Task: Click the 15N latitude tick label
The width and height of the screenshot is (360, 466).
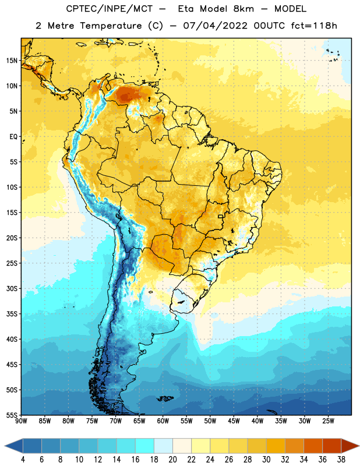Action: [x=12, y=61]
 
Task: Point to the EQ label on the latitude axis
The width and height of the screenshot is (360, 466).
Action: [x=13, y=137]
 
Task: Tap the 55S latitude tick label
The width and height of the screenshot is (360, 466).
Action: [x=12, y=415]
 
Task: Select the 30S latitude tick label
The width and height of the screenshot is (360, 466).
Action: [x=12, y=288]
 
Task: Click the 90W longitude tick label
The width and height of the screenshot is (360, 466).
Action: [x=21, y=421]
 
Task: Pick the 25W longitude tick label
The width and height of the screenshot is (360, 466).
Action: [x=329, y=421]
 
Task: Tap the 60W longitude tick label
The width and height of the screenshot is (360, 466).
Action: [x=163, y=421]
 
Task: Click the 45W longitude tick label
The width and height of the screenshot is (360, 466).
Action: [x=234, y=421]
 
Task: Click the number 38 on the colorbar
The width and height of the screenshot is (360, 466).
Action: [x=341, y=460]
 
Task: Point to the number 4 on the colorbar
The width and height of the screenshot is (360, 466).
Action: [x=23, y=460]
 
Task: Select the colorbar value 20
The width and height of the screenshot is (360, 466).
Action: [x=172, y=460]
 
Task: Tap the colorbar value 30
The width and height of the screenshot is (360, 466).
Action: [x=266, y=460]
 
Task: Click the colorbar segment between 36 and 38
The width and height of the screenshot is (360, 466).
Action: [x=332, y=446]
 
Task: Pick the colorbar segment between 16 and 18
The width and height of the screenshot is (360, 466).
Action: [x=145, y=446]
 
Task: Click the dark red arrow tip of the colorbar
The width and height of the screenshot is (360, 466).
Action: [x=358, y=446]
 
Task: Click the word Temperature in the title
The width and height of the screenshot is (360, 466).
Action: [x=111, y=26]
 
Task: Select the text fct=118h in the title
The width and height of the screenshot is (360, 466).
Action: [x=314, y=26]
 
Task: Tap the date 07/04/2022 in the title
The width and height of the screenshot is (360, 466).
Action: [x=215, y=26]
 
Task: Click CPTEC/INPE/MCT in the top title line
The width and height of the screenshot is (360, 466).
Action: [x=110, y=9]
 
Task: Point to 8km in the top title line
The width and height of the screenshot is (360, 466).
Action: [x=243, y=9]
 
